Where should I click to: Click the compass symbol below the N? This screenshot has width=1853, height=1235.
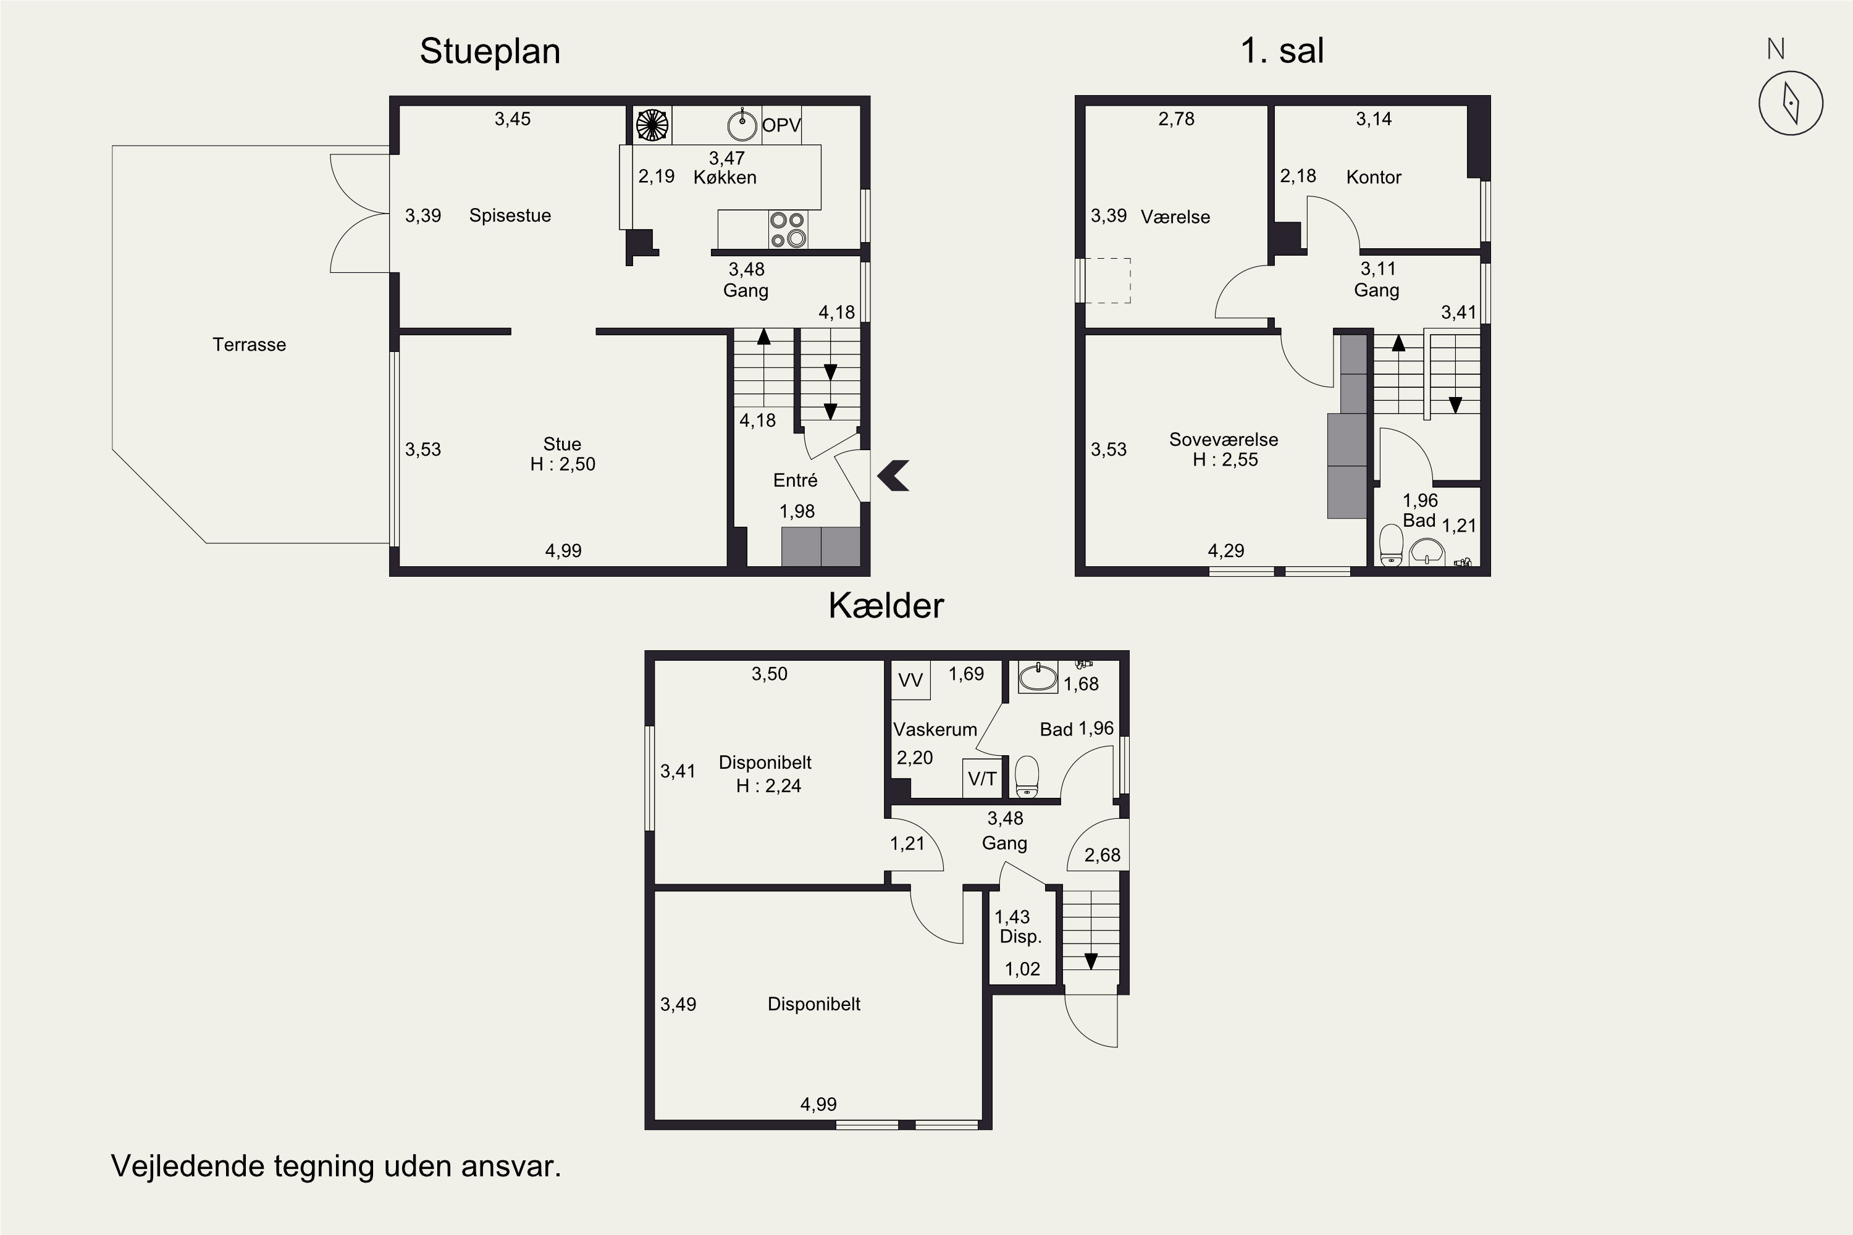click(1791, 103)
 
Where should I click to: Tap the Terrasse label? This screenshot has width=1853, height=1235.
click(249, 344)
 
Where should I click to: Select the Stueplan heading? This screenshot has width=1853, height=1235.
click(490, 51)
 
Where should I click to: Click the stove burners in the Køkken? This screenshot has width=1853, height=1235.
click(788, 229)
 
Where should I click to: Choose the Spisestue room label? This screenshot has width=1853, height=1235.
click(510, 216)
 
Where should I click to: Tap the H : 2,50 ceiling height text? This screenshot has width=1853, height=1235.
click(563, 464)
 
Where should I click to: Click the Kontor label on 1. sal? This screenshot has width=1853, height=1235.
click(1373, 177)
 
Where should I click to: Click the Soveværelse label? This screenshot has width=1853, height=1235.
click(1224, 440)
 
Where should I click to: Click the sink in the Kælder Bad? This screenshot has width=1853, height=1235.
click(1038, 677)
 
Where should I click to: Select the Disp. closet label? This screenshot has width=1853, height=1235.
click(1021, 937)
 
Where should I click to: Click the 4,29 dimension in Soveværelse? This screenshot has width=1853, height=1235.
click(1226, 551)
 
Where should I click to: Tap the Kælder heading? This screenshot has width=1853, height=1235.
click(886, 606)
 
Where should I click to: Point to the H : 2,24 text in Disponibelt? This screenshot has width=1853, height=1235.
click(768, 785)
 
